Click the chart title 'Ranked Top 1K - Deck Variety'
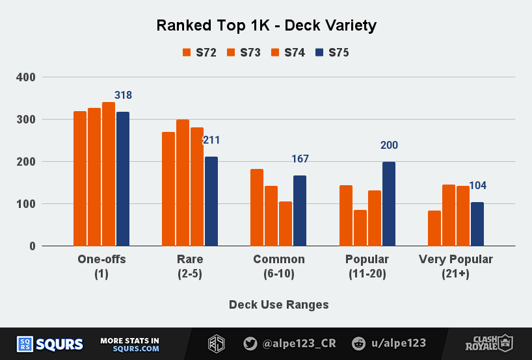tap(266, 26)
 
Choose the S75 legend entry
tap(332, 53)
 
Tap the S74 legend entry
tap(288, 53)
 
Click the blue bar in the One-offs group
tap(123, 179)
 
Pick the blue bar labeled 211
tap(211, 201)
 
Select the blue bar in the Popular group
tap(389, 204)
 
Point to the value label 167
tap(300, 159)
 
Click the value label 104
tap(477, 186)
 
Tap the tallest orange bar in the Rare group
tap(183, 183)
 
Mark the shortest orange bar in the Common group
tap(286, 224)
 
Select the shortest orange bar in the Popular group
tap(360, 228)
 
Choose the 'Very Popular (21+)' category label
tap(456, 266)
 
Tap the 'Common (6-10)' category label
tap(279, 266)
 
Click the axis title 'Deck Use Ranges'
tap(279, 304)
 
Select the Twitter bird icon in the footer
tap(250, 344)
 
